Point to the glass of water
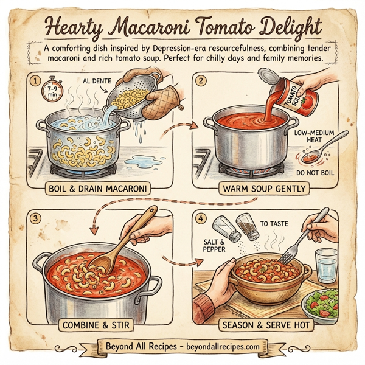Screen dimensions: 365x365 point(326,265)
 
